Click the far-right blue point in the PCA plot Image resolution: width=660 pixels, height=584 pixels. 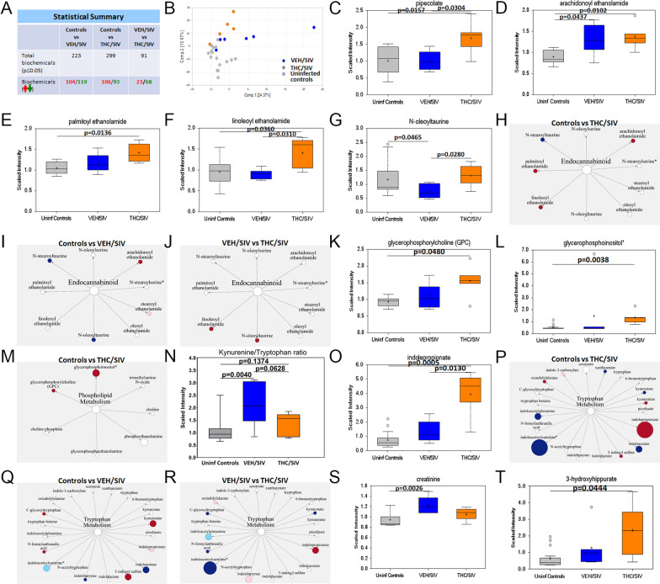pos(314,27)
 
